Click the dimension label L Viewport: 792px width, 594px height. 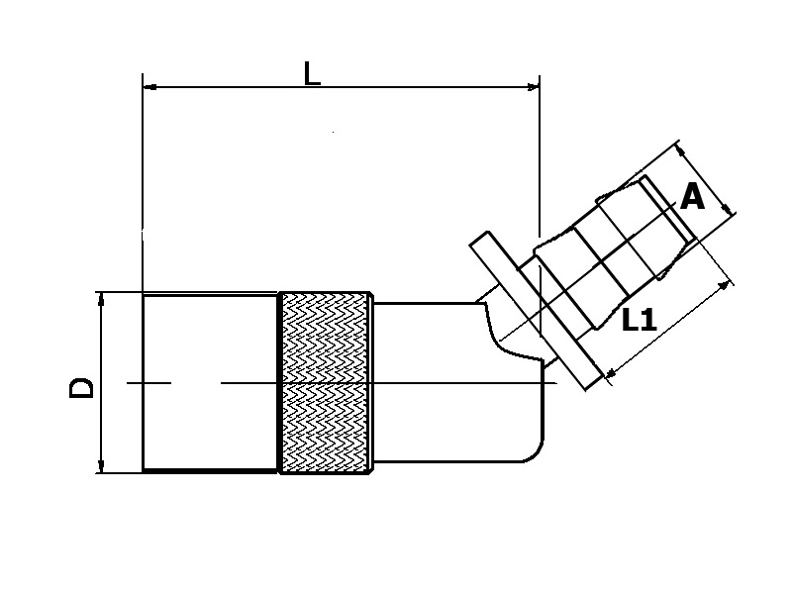coord(312,72)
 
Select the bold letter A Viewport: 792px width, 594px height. coord(693,197)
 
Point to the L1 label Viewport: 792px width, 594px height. coord(641,320)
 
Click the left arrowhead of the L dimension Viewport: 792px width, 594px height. coord(150,87)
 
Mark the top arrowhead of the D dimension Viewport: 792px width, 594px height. coord(101,299)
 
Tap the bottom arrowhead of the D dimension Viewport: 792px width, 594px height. coord(101,466)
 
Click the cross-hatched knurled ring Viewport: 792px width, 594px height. coord(325,382)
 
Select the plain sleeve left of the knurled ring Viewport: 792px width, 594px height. coord(210,382)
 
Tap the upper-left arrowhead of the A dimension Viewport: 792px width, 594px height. coord(681,149)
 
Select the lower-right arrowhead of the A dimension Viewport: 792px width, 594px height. coord(728,209)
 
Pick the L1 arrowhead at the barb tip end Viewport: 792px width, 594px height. coord(728,286)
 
